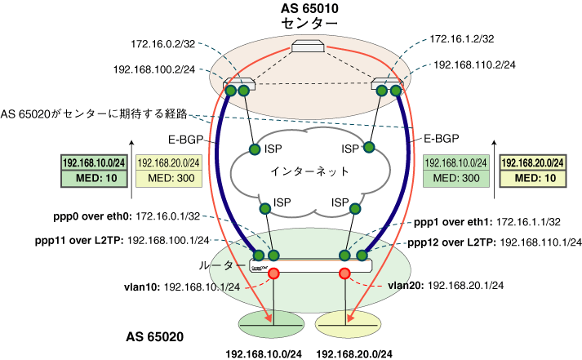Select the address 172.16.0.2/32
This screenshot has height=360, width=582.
(x=161, y=42)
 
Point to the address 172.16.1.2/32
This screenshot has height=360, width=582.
(x=464, y=38)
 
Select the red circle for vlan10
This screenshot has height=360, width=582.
(x=275, y=273)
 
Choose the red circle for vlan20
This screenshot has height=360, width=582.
(x=345, y=273)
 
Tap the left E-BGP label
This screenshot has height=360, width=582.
(x=194, y=140)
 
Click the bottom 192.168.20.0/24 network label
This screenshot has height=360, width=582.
(x=353, y=353)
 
